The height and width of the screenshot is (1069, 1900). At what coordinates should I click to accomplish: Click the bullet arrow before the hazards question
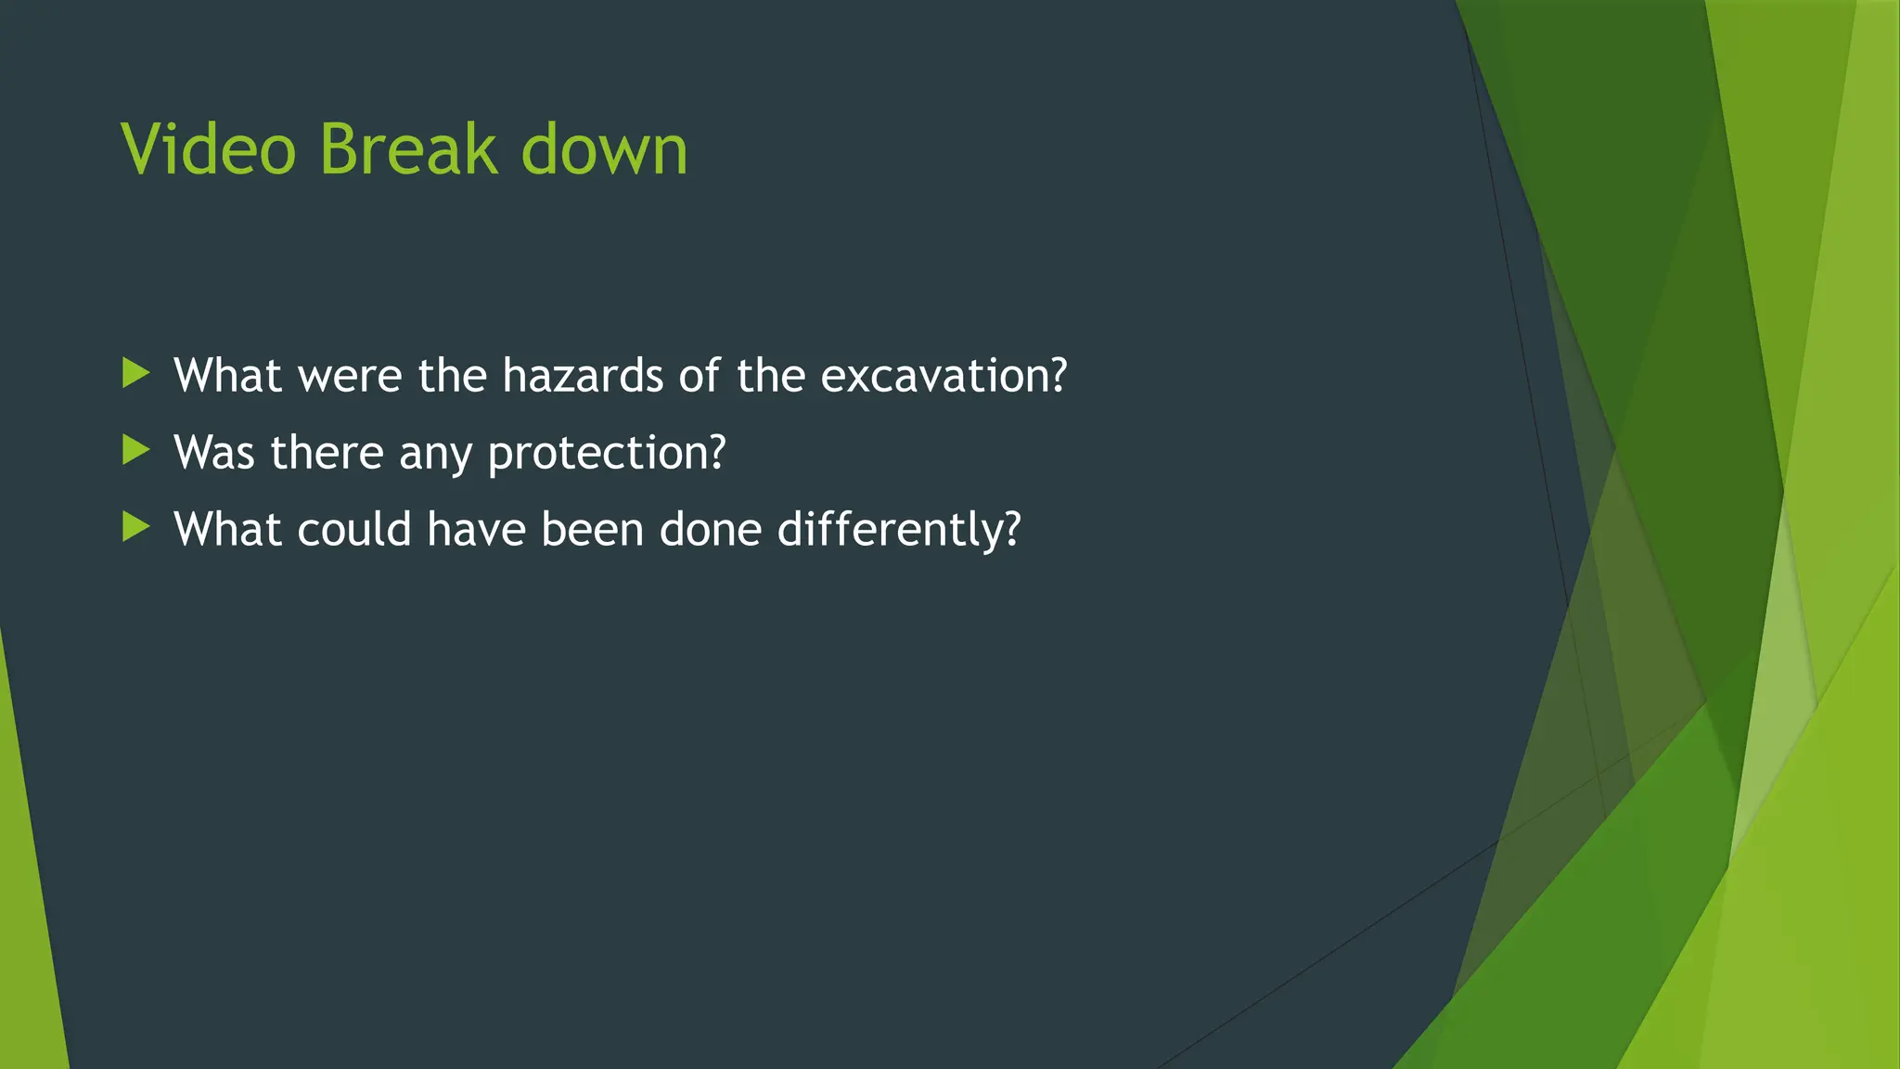coord(135,374)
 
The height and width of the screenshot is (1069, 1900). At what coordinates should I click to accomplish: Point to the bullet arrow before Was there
coord(135,451)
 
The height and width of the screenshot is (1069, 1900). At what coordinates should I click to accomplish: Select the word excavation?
coord(944,375)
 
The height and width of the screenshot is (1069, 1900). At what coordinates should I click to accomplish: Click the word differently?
coord(898,530)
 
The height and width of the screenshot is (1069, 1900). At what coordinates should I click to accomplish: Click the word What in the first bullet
coord(227,375)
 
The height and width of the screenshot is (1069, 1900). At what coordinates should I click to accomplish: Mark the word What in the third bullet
coord(227,529)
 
